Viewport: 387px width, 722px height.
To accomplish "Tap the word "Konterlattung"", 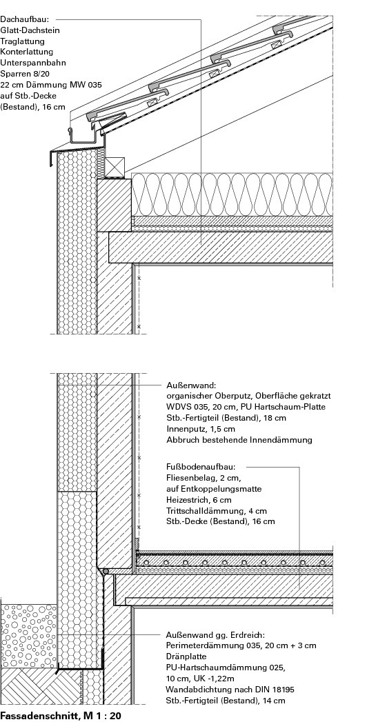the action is [26, 52].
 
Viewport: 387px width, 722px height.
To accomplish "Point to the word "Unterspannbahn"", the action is [32, 63].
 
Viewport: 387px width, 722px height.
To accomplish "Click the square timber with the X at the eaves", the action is [115, 167].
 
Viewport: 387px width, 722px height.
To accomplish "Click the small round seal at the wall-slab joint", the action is [106, 571].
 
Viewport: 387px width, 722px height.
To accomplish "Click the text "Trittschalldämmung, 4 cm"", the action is [217, 511].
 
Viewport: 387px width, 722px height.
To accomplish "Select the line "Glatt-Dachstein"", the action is [30, 30].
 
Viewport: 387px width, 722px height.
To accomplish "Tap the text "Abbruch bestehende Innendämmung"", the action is [239, 440].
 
